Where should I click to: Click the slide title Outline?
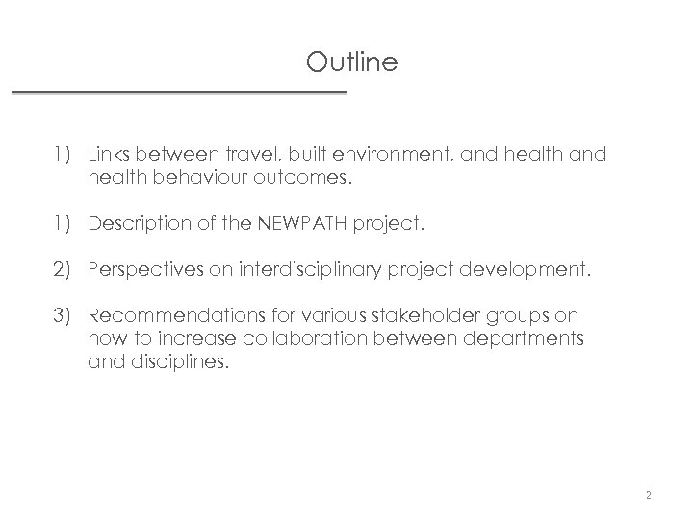click(x=351, y=63)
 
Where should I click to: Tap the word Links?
click(x=108, y=154)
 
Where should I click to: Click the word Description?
click(x=135, y=226)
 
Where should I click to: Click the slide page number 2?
click(x=649, y=496)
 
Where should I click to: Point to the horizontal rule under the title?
click(x=178, y=92)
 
